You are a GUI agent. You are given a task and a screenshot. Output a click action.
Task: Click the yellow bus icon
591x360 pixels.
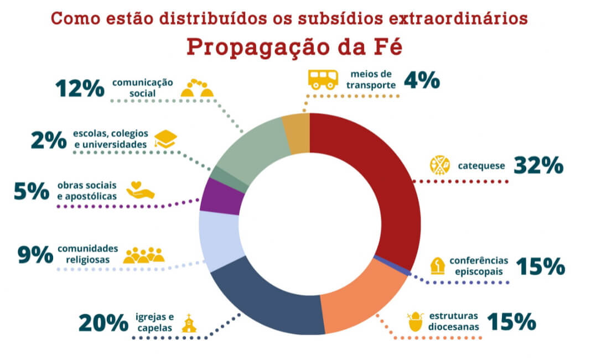(x=323, y=79)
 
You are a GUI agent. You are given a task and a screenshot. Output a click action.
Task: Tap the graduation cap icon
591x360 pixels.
(x=164, y=139)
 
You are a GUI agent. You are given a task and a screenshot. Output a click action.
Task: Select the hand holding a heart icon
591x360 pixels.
(x=141, y=190)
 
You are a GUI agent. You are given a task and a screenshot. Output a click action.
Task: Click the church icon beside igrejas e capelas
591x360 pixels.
(x=189, y=324)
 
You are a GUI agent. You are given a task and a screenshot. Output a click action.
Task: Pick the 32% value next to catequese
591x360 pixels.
(x=538, y=165)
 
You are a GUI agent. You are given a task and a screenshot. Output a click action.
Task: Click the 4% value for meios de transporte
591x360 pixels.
(x=422, y=81)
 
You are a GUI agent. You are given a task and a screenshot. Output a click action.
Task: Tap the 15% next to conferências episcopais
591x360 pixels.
(x=540, y=266)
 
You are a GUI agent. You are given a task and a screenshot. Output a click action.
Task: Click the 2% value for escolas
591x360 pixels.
(x=49, y=140)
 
